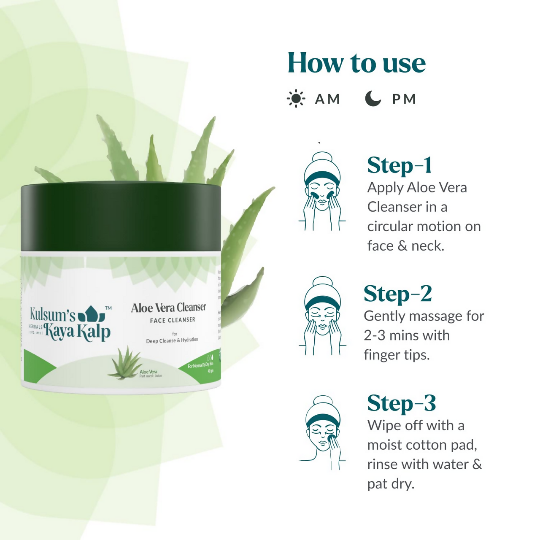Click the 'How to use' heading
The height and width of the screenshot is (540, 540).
(356, 63)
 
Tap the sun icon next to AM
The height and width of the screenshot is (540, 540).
(296, 99)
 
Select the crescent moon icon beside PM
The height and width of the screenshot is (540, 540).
(373, 99)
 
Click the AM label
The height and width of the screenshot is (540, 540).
(327, 99)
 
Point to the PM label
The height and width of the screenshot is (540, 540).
(404, 99)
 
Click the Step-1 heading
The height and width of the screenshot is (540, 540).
(400, 165)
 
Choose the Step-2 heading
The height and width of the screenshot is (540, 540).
(398, 294)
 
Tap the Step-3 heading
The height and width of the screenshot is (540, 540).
(401, 403)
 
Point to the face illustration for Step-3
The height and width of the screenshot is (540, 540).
(322, 432)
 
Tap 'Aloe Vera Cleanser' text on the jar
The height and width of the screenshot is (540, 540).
(169, 308)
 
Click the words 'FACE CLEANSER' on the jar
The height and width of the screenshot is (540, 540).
(173, 320)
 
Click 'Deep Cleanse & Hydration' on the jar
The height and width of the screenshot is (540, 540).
(172, 340)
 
